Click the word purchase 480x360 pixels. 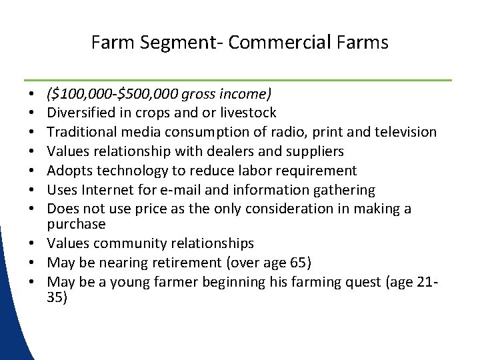pyautogui.click(x=77, y=224)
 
